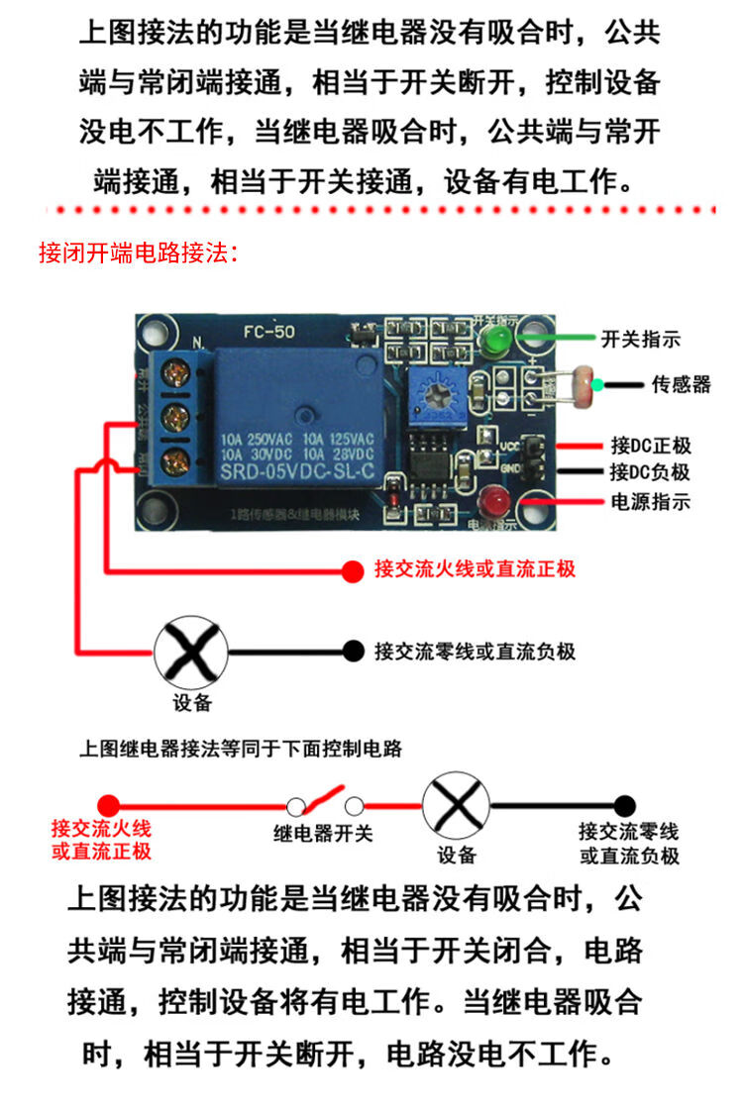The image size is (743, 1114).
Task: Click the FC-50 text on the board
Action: [268, 334]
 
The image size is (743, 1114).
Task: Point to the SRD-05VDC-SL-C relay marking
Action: [296, 472]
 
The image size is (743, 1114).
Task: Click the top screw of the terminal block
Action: [175, 373]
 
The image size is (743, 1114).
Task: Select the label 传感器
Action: [681, 383]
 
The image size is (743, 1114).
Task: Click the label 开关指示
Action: [641, 339]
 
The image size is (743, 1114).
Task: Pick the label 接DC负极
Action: [650, 472]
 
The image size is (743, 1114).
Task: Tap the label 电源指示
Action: [650, 501]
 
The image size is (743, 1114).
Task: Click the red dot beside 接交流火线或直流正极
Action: [352, 570]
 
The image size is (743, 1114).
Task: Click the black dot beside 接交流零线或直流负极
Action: [352, 651]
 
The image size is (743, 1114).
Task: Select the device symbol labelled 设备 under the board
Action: [190, 653]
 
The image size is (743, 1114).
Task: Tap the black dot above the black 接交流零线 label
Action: [623, 804]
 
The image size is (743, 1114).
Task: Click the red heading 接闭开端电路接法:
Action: [138, 253]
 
